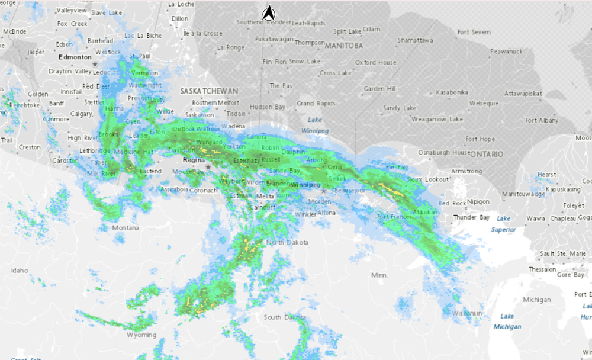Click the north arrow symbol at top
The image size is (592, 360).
[x=269, y=12]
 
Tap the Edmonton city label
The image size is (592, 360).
[x=75, y=57]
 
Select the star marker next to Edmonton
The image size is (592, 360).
[x=95, y=63]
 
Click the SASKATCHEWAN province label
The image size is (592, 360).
[x=210, y=91]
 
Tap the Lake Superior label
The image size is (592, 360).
[x=503, y=224]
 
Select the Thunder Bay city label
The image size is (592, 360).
[x=472, y=217]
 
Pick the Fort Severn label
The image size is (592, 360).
[x=474, y=32]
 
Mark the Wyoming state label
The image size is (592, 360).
[x=141, y=335]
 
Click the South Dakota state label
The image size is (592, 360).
[x=281, y=317]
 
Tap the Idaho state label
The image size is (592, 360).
[x=20, y=271]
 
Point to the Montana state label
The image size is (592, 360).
[x=126, y=228]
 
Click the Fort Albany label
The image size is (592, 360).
[x=542, y=120]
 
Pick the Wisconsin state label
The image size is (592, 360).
[x=468, y=313]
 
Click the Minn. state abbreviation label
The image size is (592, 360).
[x=379, y=275]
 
